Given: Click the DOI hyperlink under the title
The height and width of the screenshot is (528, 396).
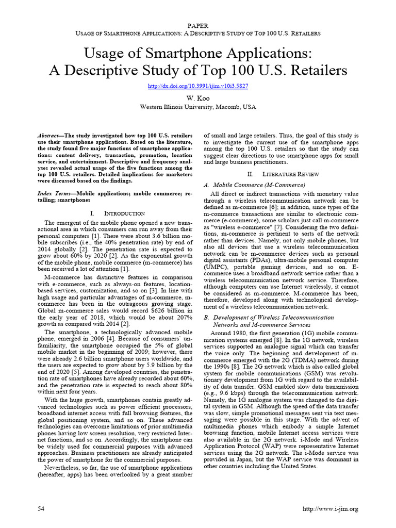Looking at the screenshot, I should click(198, 86).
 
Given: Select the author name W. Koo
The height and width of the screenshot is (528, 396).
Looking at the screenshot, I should click(198, 97).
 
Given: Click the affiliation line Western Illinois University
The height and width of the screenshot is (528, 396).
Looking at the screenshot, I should click(198, 107).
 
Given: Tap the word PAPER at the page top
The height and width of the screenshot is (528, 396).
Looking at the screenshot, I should click(198, 25).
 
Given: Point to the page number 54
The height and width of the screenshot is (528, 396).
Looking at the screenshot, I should click(42, 509).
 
